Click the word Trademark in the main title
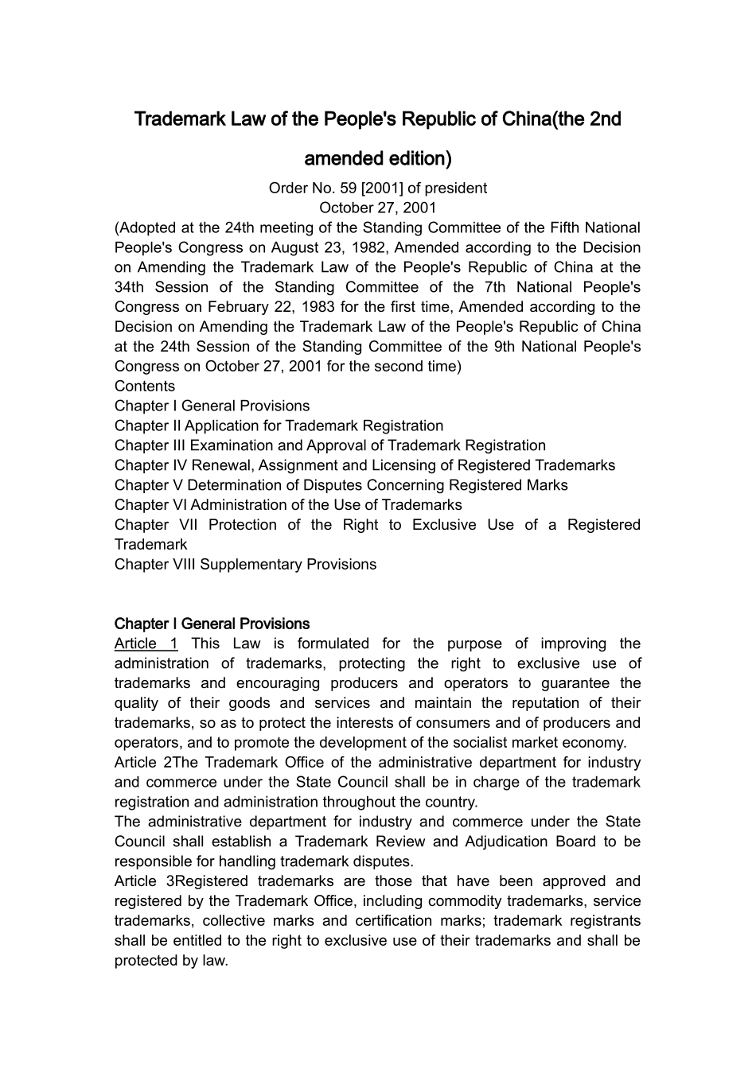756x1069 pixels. [x=173, y=119]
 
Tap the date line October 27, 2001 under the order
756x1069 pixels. [x=377, y=208]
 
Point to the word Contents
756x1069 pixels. [x=144, y=387]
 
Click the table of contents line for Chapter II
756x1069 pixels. [x=279, y=426]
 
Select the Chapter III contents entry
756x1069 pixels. [x=329, y=445]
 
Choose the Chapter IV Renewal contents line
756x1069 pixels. [x=364, y=465]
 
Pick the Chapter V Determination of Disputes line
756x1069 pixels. [x=341, y=485]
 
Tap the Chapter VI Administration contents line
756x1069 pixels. [x=287, y=505]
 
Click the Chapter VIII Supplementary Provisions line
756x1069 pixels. [x=245, y=565]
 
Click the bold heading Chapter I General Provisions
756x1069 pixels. [x=212, y=624]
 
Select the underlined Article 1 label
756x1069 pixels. [x=146, y=643]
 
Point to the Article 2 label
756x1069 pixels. [x=143, y=763]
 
